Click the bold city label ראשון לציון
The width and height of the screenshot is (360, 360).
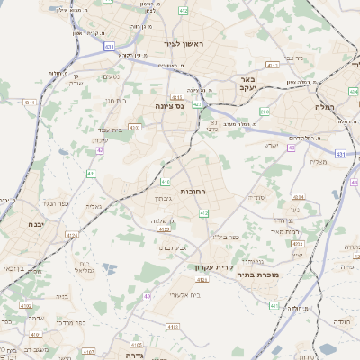tap(185, 43)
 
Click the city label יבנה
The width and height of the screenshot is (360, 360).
tap(35, 224)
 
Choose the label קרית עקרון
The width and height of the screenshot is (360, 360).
tap(212, 266)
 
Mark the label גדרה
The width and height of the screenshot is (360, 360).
tap(130, 343)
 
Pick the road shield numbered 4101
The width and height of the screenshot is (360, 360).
tap(36, 335)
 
